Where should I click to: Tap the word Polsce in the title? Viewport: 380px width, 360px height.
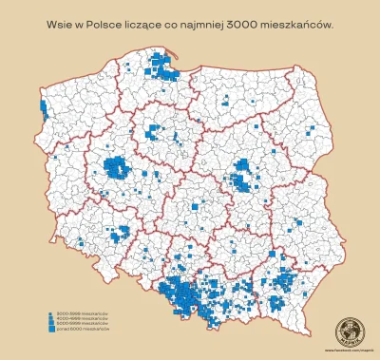click(x=112, y=20)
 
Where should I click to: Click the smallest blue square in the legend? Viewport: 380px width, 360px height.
click(x=48, y=311)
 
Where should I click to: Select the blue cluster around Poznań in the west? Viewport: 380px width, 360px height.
click(x=120, y=169)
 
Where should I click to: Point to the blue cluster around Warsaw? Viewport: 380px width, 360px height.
click(x=245, y=175)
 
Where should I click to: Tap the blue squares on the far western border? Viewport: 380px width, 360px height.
click(x=43, y=111)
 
